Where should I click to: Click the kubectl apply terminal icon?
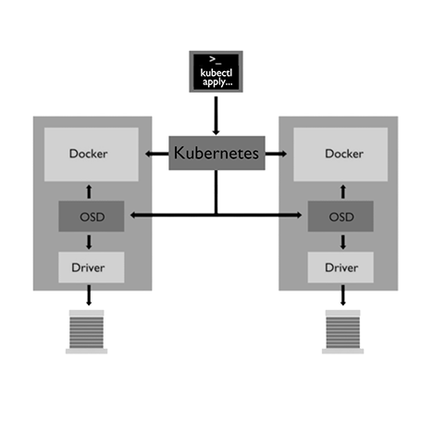[x=216, y=71]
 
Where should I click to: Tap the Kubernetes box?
[x=216, y=153]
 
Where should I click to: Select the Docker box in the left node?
[x=92, y=155]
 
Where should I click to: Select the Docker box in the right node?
[x=340, y=155]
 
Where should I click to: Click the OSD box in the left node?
[x=92, y=216]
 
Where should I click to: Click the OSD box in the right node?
[x=340, y=216]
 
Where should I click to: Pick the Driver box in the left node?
[x=92, y=267]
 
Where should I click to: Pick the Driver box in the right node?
[x=340, y=267]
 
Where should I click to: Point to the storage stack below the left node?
[x=87, y=332]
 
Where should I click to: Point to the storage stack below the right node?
[x=343, y=332]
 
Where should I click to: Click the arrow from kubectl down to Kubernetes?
[x=216, y=116]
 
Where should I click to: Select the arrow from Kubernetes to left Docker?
[x=157, y=154]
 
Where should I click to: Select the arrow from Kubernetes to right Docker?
[x=276, y=154]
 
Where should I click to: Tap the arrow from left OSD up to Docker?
[x=89, y=192]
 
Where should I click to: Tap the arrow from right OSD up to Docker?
[x=343, y=192]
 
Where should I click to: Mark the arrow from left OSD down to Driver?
[x=89, y=242]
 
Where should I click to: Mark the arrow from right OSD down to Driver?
[x=343, y=242]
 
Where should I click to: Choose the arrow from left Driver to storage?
[x=89, y=295]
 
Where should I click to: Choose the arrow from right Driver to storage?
[x=343, y=295]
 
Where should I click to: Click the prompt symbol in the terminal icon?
[x=215, y=60]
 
